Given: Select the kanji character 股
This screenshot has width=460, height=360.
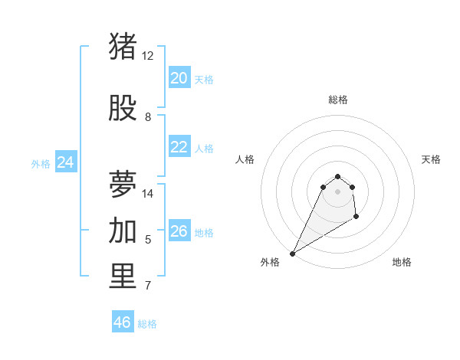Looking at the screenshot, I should (123, 109).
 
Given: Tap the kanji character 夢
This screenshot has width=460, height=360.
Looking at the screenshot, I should (123, 185).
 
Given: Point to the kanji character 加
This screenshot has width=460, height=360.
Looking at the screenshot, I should (123, 231).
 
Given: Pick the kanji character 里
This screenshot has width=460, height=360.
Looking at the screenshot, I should (123, 277).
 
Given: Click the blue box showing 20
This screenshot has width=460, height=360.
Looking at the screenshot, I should (179, 78).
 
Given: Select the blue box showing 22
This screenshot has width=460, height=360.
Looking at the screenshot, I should (179, 148).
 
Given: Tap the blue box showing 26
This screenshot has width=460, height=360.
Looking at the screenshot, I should (179, 231).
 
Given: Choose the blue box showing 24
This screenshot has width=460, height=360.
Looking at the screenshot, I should (66, 162).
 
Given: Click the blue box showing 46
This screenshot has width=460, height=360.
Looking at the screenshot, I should (123, 322).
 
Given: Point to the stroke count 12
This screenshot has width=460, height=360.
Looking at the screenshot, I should (147, 56).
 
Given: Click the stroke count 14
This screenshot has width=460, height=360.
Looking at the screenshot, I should (148, 193).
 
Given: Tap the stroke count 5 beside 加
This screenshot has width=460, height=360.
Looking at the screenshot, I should (148, 240).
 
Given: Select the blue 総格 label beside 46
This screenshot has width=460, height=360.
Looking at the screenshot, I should (147, 324).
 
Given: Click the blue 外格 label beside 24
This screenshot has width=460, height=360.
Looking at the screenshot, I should (41, 163).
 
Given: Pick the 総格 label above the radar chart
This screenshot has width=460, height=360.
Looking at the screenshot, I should (337, 100).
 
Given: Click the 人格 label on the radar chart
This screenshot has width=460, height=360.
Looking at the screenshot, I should (245, 159).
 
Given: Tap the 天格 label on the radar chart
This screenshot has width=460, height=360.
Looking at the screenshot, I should (431, 159).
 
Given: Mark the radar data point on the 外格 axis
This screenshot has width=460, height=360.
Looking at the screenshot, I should (292, 253).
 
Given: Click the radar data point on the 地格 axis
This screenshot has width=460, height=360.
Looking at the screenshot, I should (356, 218).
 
